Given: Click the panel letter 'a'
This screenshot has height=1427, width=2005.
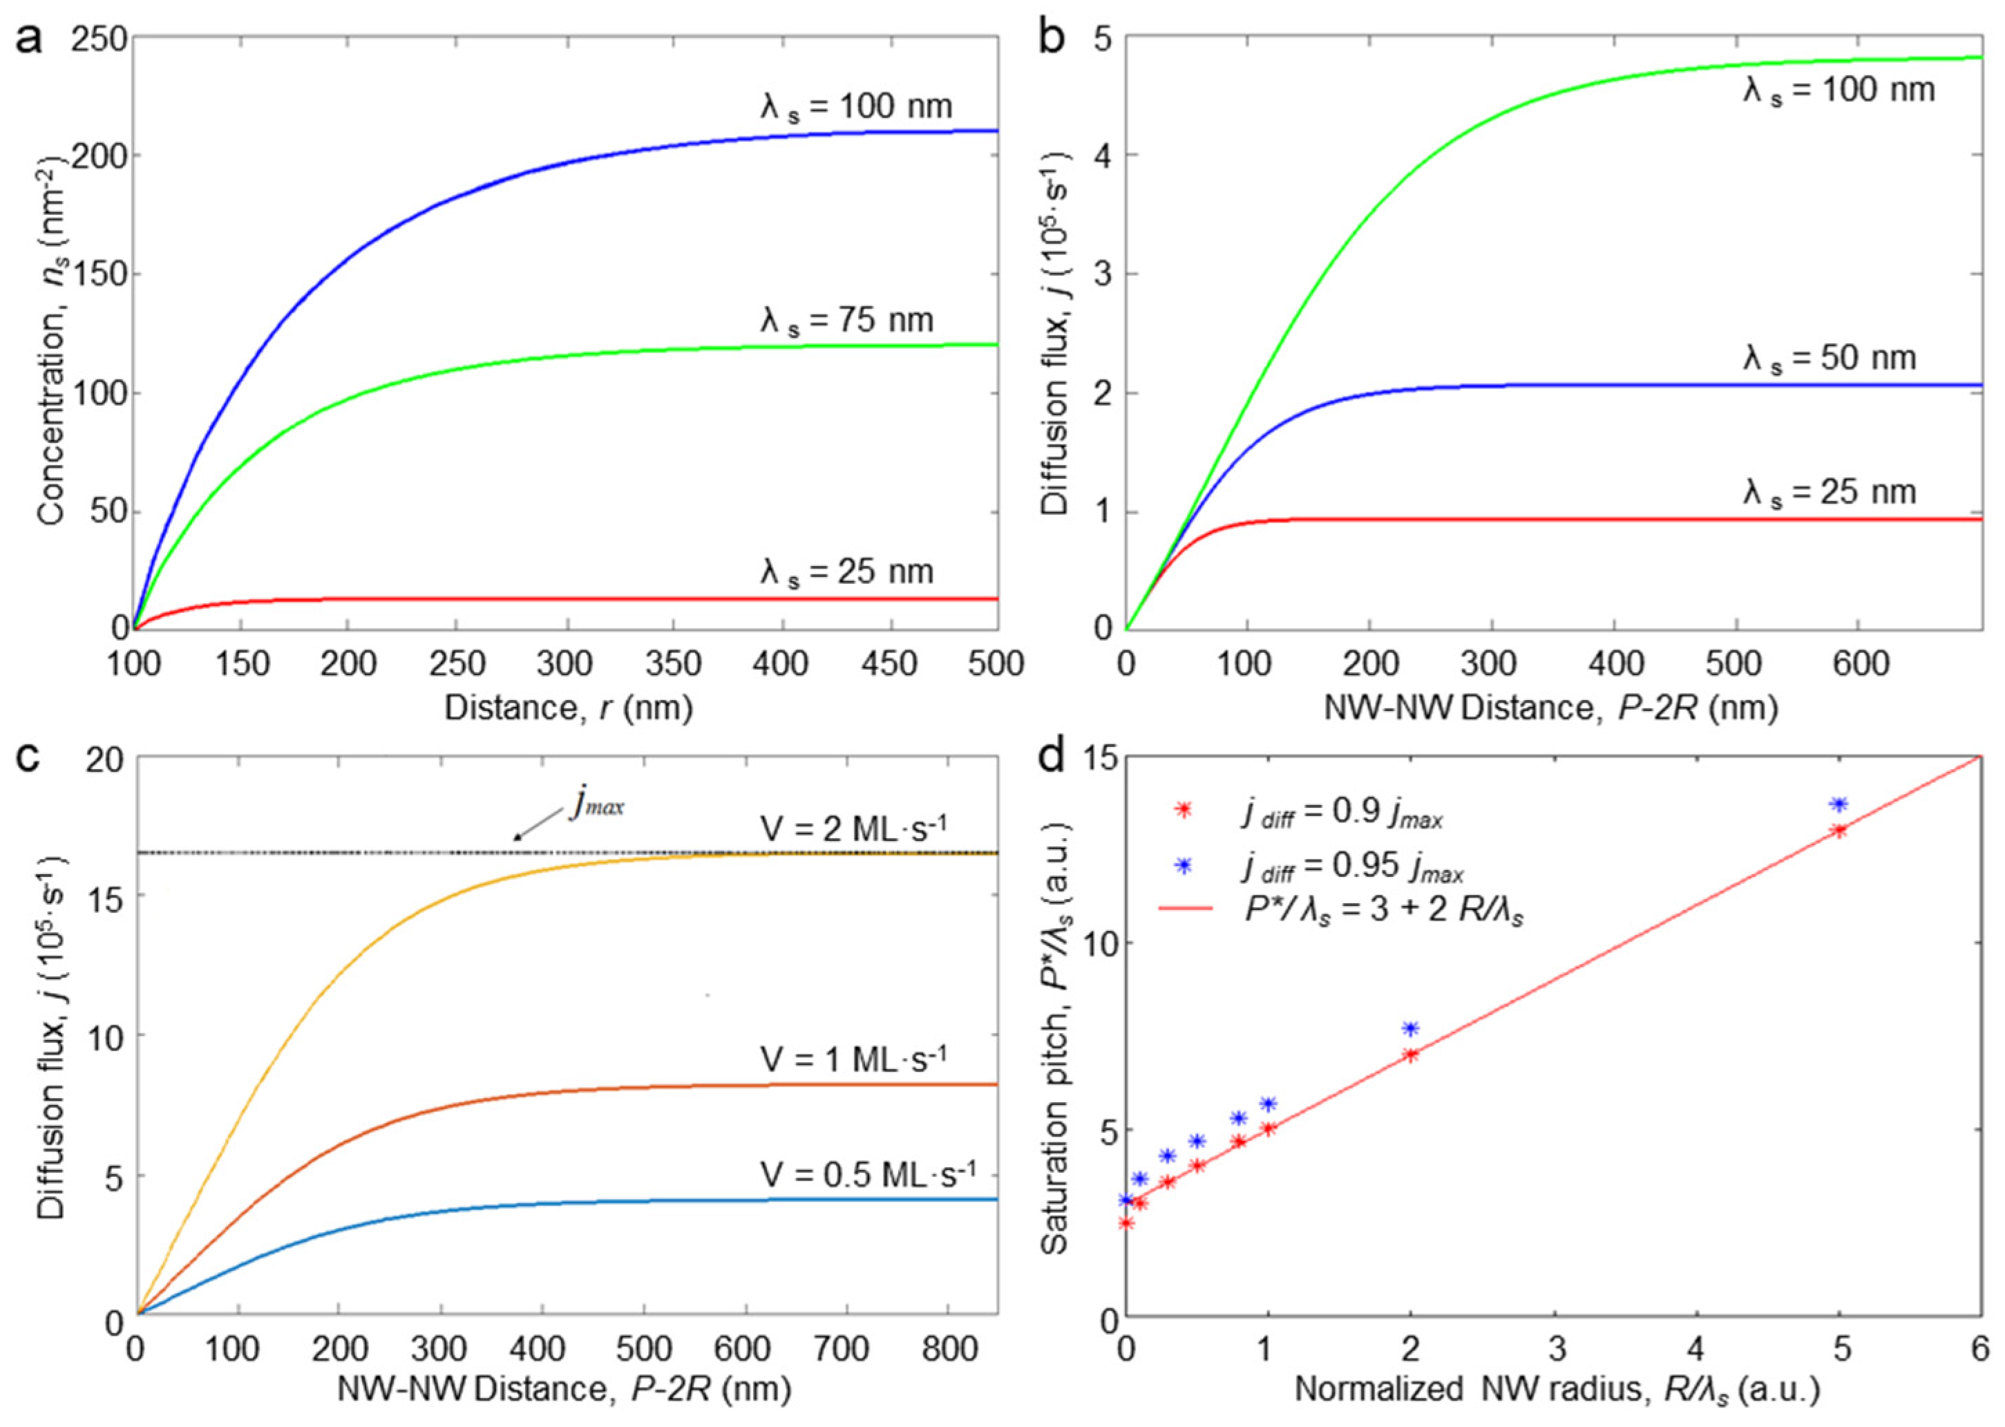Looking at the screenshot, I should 28,39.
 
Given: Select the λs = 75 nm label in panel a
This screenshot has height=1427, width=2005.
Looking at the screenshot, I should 846,320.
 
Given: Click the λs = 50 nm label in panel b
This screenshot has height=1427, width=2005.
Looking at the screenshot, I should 1830,359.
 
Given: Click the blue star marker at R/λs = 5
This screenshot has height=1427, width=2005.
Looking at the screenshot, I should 1838,804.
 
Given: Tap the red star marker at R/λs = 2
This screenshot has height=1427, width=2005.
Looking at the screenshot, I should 1411,1055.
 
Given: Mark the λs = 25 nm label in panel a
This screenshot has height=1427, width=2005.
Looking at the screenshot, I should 846,572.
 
